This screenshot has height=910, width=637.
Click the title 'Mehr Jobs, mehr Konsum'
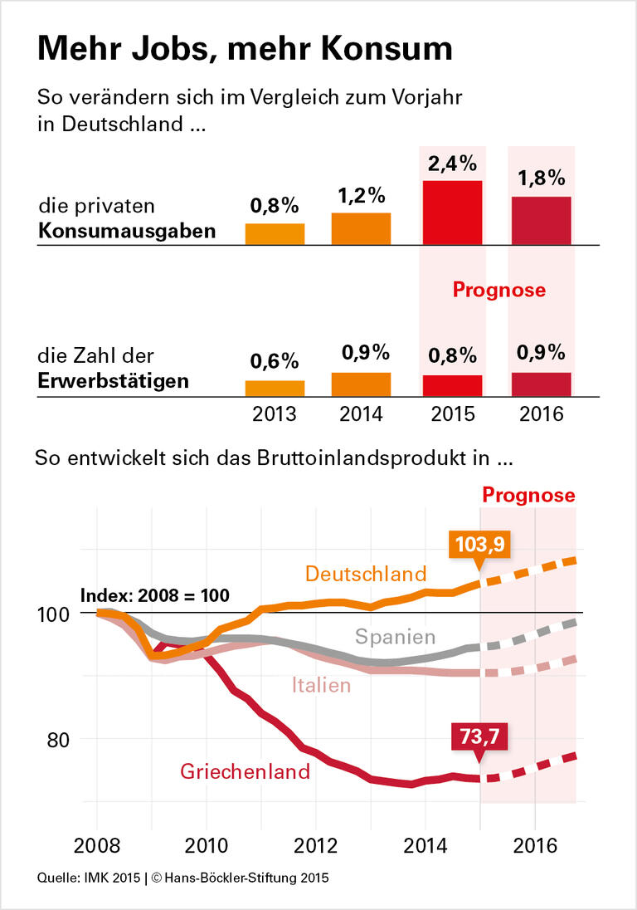coord(245,49)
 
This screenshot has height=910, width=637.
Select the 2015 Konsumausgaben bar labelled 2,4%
coord(452,213)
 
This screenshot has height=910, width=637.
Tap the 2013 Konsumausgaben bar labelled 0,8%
coord(275,234)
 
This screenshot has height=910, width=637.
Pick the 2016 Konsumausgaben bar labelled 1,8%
coord(541,220)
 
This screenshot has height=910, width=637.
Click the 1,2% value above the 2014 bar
coord(361,196)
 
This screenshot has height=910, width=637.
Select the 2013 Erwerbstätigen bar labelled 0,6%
coord(275,389)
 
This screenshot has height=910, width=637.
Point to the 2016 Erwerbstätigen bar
coord(541,384)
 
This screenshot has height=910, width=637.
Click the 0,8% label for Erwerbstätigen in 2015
coord(452,355)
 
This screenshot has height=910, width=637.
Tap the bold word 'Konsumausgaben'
coord(127,231)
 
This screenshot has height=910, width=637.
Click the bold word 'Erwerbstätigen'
coord(114,381)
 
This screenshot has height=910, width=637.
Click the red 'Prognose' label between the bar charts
coord(498,290)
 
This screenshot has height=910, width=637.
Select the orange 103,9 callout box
coord(479,545)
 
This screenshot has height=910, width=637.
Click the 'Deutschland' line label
coord(366,574)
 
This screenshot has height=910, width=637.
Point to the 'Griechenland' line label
coord(245,771)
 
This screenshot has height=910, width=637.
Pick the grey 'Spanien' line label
coord(395,637)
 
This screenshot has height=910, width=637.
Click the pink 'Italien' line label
coord(321,685)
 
